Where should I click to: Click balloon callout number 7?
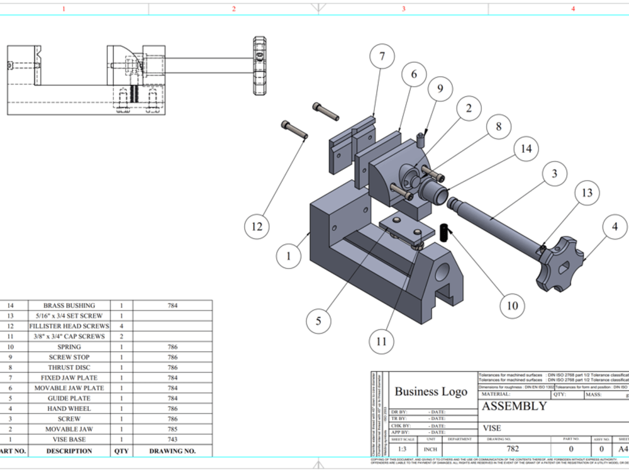382,57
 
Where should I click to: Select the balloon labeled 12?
257,225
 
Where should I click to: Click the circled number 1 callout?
289,256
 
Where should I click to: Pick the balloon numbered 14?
526,149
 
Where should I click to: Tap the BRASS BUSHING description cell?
69,305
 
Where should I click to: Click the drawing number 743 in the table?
172,439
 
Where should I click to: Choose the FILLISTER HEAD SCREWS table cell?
69,326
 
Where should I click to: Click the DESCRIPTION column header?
69,451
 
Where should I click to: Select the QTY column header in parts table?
121,451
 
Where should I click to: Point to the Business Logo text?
431,391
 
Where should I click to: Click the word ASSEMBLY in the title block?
514,406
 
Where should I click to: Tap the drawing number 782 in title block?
513,449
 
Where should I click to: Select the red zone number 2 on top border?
234,9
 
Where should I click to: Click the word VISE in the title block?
492,428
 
